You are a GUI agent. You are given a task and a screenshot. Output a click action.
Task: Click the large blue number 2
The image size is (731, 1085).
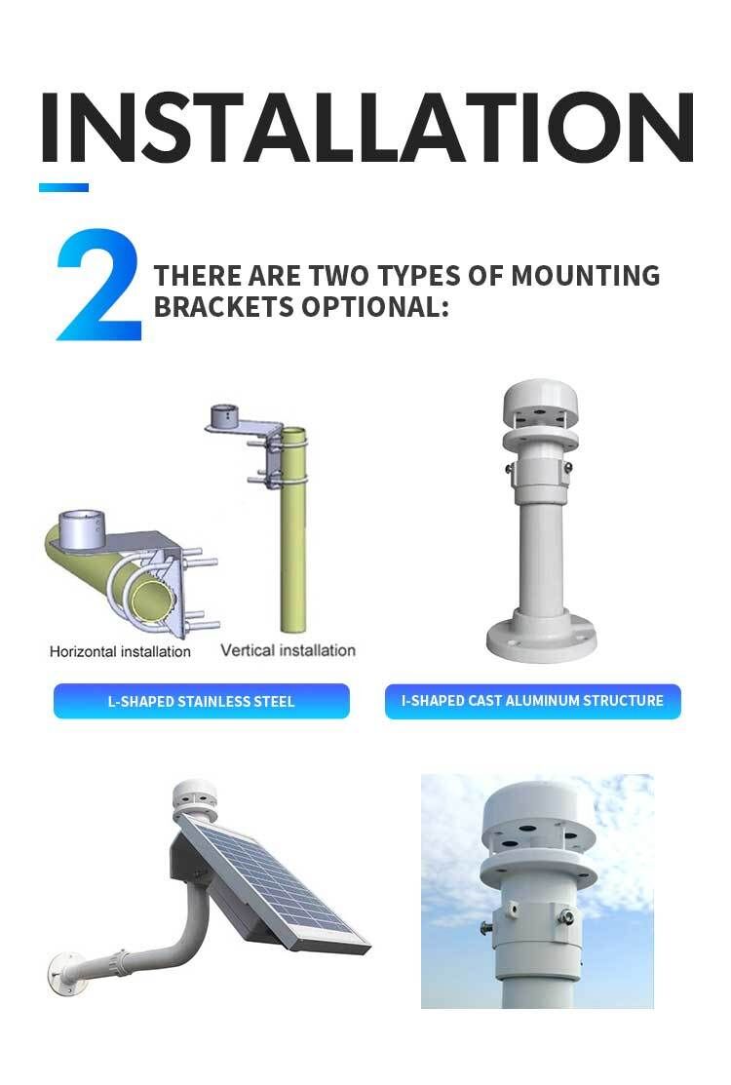(x=98, y=285)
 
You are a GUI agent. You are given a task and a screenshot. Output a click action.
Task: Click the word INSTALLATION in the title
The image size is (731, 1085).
(x=367, y=128)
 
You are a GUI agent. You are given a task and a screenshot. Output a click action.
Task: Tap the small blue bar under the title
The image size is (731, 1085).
(x=63, y=187)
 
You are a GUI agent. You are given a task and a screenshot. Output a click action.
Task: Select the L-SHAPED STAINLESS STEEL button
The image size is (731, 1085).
(x=201, y=701)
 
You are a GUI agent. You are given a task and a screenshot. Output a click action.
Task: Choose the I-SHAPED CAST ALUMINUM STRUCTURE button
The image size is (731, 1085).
(x=532, y=701)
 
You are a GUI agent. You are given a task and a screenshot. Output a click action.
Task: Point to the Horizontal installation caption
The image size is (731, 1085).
(x=120, y=651)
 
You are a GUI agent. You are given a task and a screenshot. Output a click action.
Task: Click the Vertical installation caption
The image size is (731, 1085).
(x=288, y=650)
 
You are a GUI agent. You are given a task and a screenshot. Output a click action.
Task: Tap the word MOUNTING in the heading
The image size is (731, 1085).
(x=585, y=276)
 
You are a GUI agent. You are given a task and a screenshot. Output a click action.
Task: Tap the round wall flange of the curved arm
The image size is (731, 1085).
(x=59, y=973)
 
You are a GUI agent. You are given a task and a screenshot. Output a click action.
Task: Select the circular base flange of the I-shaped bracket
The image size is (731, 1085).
(x=542, y=637)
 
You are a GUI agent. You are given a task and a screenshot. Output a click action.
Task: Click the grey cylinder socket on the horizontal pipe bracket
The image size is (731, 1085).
(x=81, y=529)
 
